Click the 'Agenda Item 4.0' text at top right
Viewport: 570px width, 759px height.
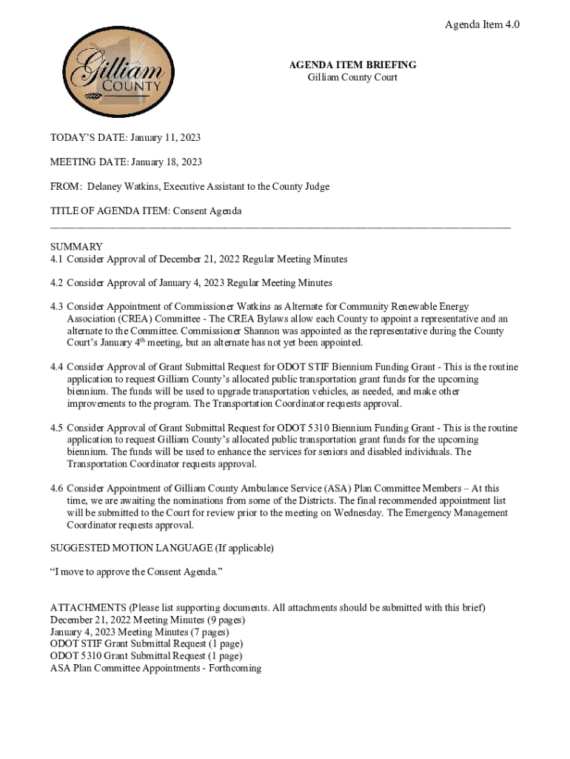482,25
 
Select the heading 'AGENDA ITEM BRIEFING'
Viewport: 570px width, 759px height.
352,65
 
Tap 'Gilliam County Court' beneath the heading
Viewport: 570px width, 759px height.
352,77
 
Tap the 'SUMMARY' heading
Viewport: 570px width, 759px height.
76,247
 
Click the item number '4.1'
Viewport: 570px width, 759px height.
57,259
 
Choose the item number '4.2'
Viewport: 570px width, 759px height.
57,283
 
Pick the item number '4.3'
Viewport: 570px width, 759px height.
57,307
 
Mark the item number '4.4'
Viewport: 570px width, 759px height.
57,368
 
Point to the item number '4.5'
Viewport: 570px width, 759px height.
57,428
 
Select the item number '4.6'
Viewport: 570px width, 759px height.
57,489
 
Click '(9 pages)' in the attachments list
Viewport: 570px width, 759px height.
218,620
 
